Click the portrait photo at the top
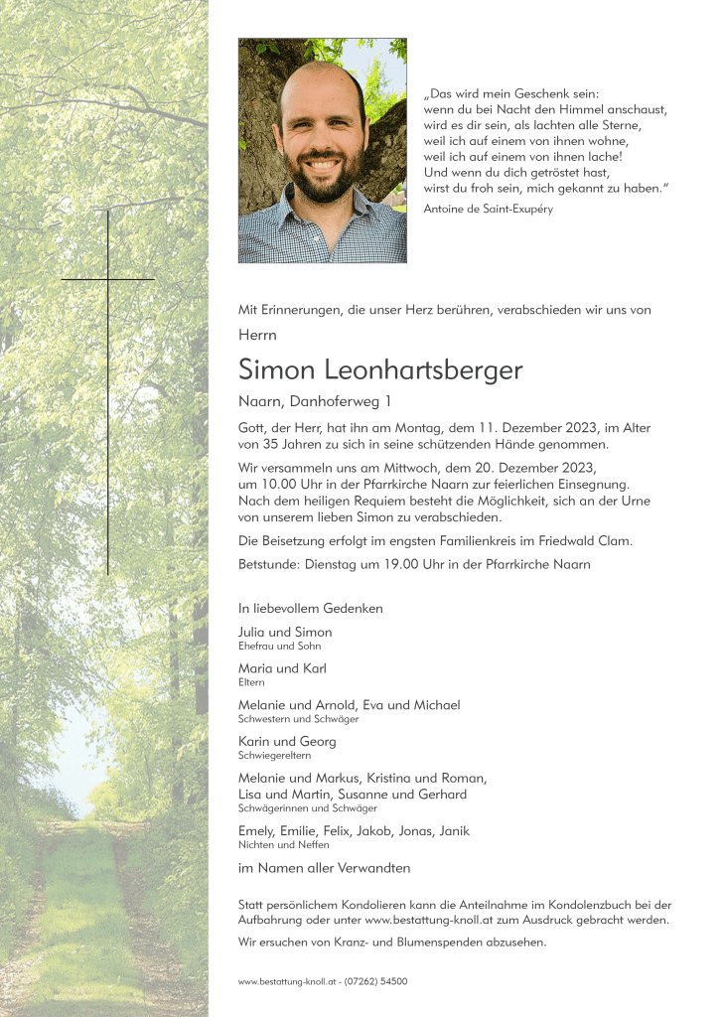(x=322, y=150)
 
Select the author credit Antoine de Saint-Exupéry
(x=488, y=209)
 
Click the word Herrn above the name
(x=257, y=336)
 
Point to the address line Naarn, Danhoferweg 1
(x=315, y=401)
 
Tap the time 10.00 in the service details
(x=280, y=484)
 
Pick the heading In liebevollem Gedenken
(x=310, y=608)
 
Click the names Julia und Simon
(x=285, y=633)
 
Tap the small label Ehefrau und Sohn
(x=280, y=646)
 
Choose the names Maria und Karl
(x=282, y=668)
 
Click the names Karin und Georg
(x=287, y=741)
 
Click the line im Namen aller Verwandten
(x=324, y=868)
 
